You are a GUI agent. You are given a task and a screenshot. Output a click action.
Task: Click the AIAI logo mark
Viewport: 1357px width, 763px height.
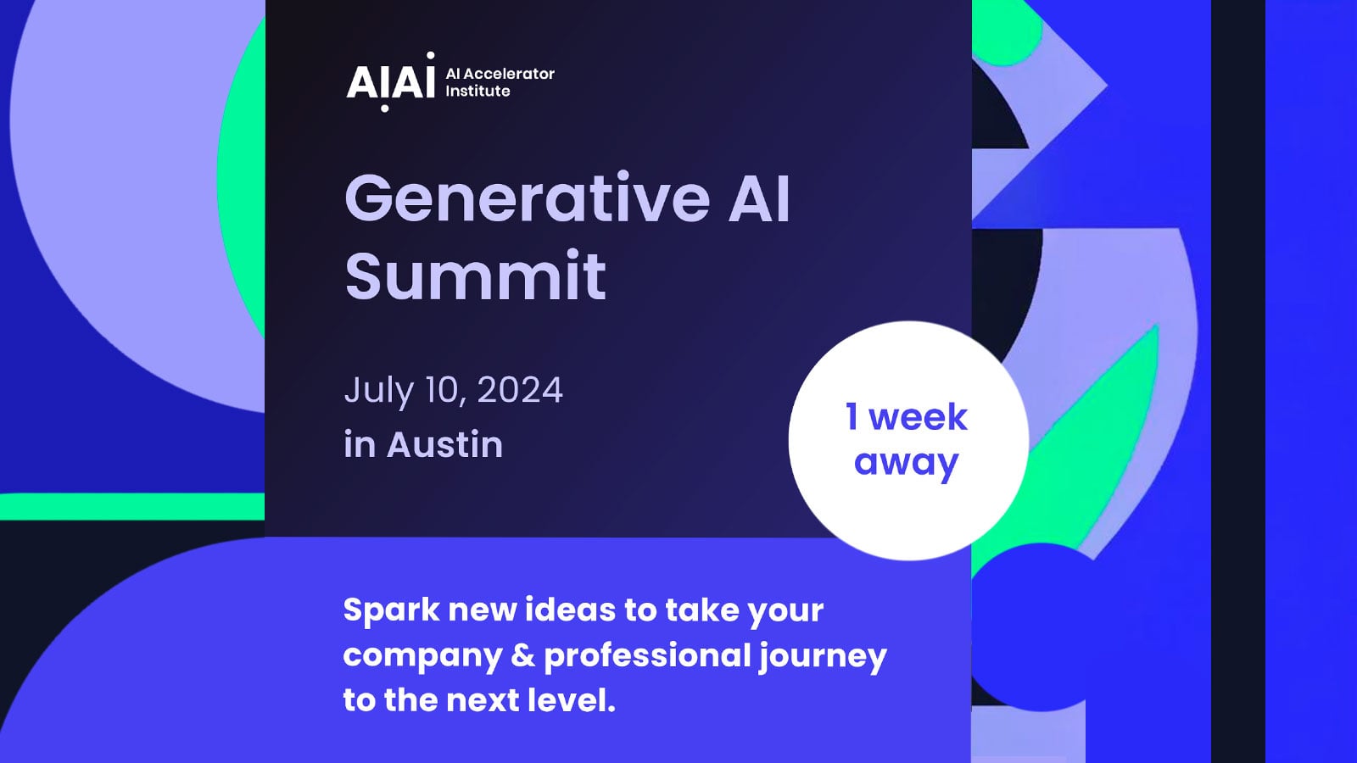coord(390,81)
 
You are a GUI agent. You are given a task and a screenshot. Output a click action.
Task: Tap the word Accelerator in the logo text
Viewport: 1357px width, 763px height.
coord(509,74)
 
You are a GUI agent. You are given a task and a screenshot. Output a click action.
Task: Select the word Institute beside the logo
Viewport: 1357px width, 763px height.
coord(477,91)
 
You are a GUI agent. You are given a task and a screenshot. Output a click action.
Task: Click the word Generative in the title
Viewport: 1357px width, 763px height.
coord(527,198)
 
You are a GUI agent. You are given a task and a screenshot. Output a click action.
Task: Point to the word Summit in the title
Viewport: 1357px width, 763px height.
coord(475,276)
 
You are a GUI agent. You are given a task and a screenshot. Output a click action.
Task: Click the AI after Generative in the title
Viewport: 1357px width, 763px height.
coord(759,198)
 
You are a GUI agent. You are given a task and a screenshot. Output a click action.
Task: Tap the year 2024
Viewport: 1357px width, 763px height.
coord(519,390)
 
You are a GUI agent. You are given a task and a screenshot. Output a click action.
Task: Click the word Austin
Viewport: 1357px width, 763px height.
coord(444,444)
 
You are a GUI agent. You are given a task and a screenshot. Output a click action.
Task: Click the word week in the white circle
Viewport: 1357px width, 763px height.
coord(918,417)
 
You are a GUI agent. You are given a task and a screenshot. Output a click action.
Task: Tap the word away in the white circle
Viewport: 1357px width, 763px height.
coord(906,463)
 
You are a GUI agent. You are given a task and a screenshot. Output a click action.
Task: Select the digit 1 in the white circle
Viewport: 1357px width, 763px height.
coord(852,416)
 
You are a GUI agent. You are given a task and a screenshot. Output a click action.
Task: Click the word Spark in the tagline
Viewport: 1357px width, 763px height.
coord(391,610)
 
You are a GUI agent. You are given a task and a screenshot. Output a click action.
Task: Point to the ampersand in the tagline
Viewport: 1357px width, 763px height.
coord(523,655)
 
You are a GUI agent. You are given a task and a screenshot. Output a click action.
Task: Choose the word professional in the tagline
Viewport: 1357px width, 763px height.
coord(647,656)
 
